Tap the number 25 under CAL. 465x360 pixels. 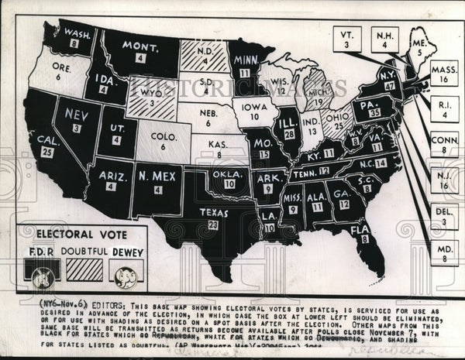click(x=47, y=153)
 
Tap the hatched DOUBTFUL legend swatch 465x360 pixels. click(x=84, y=269)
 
